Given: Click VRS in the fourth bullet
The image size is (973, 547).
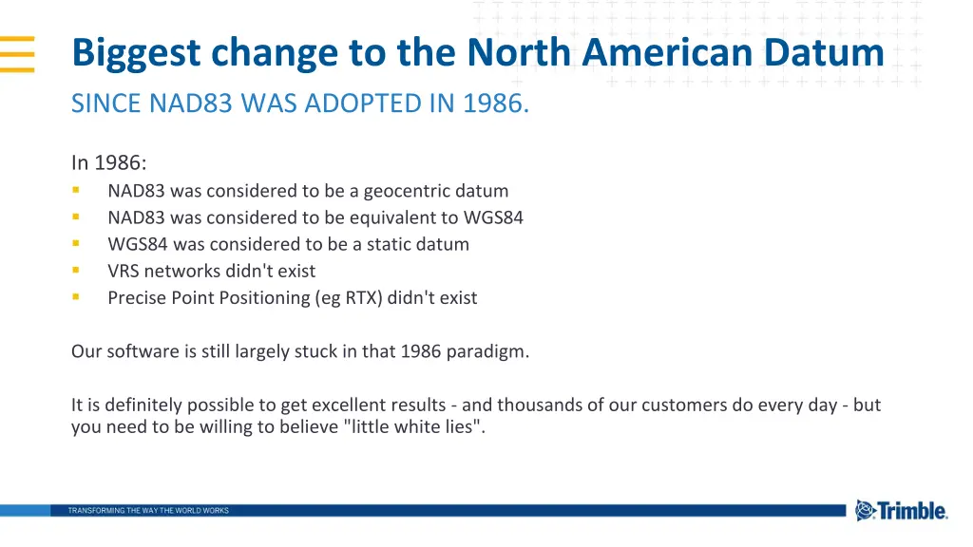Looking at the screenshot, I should [124, 271].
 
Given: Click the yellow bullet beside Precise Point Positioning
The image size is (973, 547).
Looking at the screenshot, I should [75, 297].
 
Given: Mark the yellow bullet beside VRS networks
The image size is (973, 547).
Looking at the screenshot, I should [75, 271].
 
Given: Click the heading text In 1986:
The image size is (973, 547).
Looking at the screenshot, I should [108, 162].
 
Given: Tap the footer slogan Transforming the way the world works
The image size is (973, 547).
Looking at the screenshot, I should [148, 511].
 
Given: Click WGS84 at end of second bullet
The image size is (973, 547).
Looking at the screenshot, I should [493, 217].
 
